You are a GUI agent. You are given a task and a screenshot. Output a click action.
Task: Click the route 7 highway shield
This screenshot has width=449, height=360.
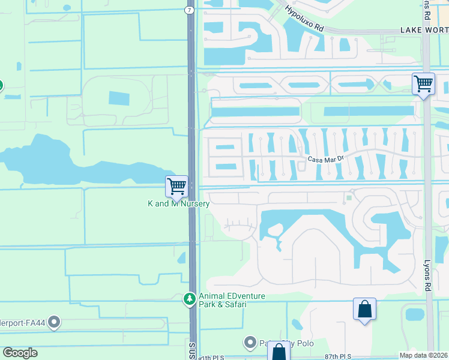point(189,11)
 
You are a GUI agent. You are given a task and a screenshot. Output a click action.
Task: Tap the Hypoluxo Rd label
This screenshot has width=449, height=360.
point(304,20)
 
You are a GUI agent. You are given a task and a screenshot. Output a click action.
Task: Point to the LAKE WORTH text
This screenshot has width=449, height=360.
point(424,30)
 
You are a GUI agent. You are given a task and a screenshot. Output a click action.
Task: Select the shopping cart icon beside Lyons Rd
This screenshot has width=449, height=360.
point(423,83)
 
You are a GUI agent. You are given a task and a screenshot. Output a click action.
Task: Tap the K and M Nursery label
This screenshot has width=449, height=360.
point(178,204)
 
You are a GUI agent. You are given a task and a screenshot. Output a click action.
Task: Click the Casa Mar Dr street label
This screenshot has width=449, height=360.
point(325,159)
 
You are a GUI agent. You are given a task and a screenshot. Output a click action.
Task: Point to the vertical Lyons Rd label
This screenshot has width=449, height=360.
point(428,277)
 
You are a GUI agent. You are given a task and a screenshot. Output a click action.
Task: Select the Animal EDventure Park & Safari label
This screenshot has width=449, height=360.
point(232,300)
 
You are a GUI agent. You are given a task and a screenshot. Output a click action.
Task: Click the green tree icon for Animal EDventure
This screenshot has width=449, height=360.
point(190,298)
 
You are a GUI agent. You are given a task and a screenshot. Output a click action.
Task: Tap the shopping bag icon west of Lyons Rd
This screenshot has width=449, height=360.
point(364,310)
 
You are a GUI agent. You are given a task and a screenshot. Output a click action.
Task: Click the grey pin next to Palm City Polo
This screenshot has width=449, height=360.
point(250,343)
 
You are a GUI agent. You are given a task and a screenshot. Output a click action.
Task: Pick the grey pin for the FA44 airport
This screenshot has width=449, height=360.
point(54,323)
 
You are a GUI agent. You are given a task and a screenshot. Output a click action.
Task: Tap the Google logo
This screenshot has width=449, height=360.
point(20,353)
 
